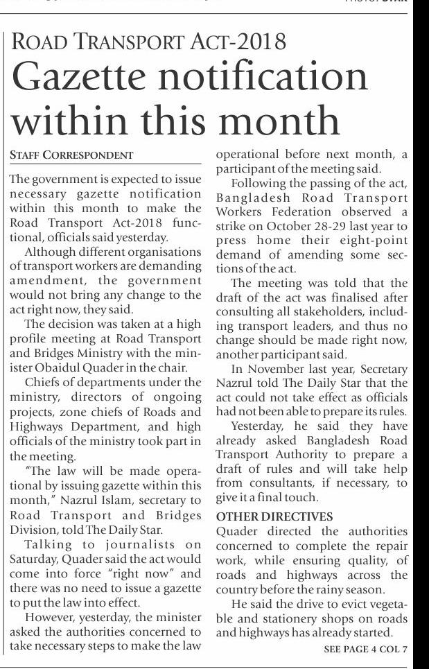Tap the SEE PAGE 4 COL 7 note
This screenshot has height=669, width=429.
pyautogui.click(x=365, y=649)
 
